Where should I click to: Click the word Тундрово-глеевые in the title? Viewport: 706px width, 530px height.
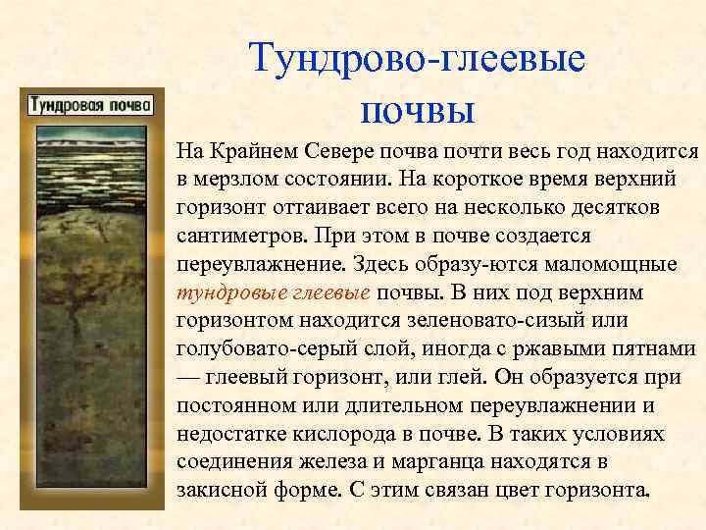coord(417,58)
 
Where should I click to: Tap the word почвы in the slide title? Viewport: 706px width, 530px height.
coord(418,108)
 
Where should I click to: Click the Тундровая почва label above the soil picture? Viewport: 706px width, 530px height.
coord(89,104)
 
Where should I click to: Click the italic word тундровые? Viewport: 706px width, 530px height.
coord(222,292)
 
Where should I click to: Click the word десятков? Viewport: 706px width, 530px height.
coord(644,209)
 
